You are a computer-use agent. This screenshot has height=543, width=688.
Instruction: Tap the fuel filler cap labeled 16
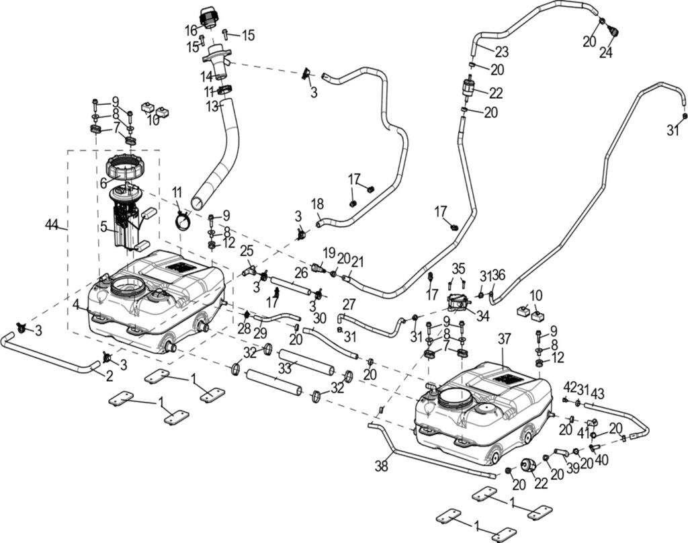(x=208, y=16)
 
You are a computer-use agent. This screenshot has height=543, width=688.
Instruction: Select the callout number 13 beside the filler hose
(x=212, y=106)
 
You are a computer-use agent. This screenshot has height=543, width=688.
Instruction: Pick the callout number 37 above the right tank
(x=505, y=341)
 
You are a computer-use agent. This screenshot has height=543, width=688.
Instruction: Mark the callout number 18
(x=318, y=204)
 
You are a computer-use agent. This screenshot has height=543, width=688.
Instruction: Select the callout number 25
(x=247, y=251)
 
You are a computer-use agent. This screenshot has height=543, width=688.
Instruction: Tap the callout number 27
(x=349, y=303)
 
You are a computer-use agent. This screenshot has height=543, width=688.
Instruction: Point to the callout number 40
(x=601, y=462)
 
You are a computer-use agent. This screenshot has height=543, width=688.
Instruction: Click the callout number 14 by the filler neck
(x=207, y=77)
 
